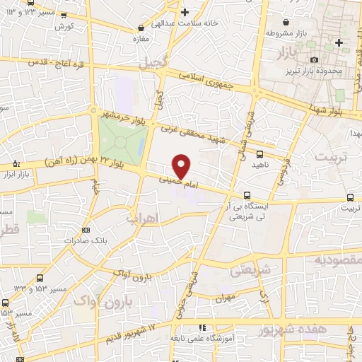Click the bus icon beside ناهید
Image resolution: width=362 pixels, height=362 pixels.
(x=259, y=153)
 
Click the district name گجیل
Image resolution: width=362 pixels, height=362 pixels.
(x=156, y=62)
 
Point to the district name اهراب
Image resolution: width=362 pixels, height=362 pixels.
(x=141, y=219)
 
